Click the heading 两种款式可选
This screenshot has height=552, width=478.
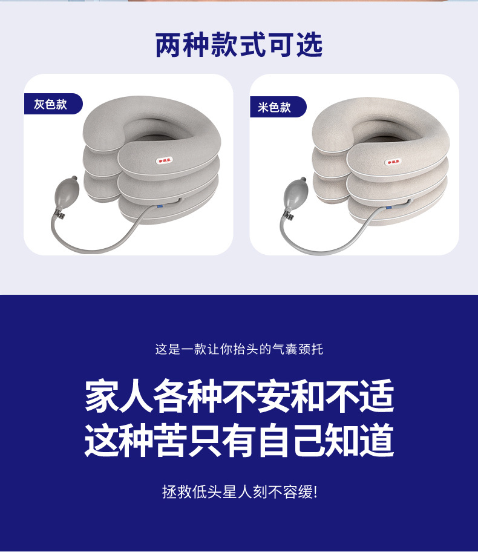point(239,46)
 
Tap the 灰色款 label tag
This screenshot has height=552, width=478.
point(50,104)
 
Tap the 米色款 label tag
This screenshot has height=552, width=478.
point(274,107)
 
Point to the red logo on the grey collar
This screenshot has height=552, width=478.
point(165,160)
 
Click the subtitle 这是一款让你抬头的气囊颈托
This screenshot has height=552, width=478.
point(239,349)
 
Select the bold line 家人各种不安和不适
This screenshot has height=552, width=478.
point(239,396)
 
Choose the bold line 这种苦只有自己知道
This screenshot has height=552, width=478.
point(239,441)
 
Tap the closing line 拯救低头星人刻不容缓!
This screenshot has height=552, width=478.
point(239,491)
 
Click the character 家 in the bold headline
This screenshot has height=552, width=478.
point(102,396)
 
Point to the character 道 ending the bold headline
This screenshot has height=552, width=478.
point(377,441)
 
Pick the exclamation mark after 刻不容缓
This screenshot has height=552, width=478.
point(315,491)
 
